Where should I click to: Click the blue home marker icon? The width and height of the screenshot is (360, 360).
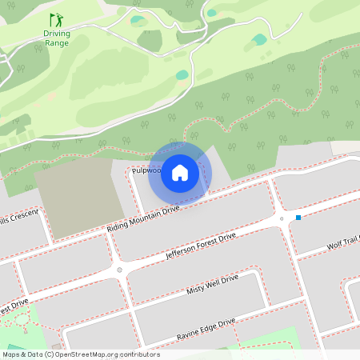[x=180, y=172]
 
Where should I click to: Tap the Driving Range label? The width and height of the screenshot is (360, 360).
[x=57, y=38]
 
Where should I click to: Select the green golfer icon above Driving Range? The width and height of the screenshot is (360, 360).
[x=56, y=19]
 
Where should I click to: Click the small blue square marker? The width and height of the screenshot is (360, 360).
[x=298, y=217]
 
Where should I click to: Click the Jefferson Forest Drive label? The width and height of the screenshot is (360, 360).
[x=201, y=246]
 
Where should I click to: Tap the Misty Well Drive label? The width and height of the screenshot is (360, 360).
[x=212, y=286]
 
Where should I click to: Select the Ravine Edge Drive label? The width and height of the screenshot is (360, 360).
[x=206, y=328]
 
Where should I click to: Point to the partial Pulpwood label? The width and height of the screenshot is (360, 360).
[x=146, y=170]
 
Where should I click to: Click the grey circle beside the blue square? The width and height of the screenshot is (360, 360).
[x=282, y=218]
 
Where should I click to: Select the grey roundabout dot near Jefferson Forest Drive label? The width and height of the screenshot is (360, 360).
[x=120, y=270]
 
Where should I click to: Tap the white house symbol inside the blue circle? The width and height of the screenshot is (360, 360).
[x=180, y=172]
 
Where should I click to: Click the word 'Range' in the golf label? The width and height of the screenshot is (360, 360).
[x=57, y=43]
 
